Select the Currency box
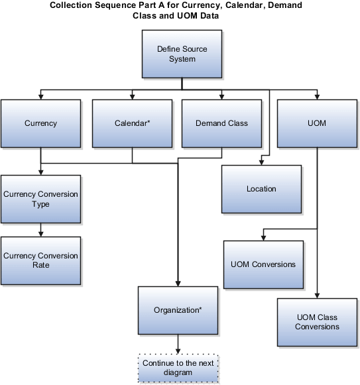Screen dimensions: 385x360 tap(40, 123)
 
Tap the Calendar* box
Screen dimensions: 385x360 tap(131, 123)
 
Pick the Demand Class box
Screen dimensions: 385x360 tap(221, 123)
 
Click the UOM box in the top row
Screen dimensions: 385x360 tap(317, 123)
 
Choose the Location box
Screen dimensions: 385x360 tap(261, 189)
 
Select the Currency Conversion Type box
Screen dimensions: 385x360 tap(40, 199)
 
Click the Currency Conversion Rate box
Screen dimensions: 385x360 tap(40, 260)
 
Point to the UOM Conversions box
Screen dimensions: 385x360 tap(263, 264)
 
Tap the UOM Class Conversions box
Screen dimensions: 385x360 tap(317, 322)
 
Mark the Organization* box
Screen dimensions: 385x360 tap(177, 309)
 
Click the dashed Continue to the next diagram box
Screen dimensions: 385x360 tap(177, 368)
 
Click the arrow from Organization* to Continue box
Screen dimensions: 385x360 tap(177, 343)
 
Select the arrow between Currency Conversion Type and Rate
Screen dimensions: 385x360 tap(41, 230)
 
